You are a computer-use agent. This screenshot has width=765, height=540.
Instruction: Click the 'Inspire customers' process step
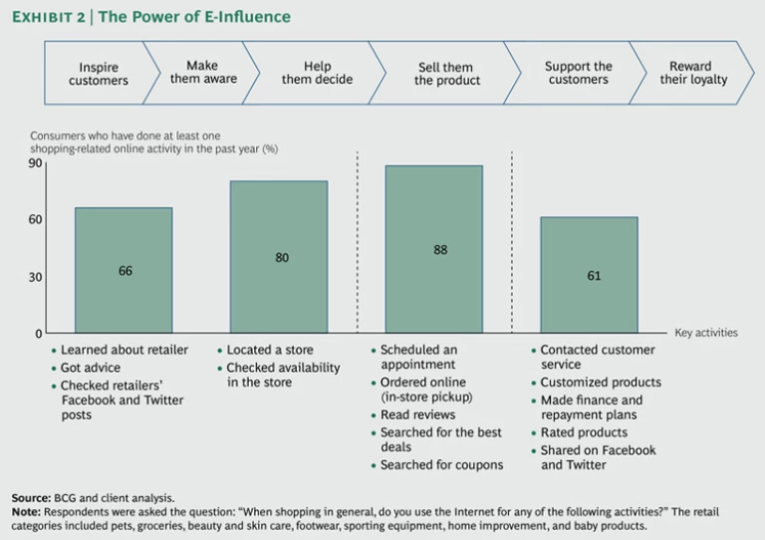point(99,74)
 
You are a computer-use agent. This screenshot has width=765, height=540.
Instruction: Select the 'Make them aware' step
point(203,73)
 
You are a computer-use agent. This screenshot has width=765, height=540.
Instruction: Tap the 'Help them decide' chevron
point(317,73)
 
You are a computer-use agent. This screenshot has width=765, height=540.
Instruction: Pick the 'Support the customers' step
point(578,73)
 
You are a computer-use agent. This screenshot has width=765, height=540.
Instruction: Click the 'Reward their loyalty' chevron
point(693,73)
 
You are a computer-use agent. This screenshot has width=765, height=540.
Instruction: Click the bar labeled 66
point(125,270)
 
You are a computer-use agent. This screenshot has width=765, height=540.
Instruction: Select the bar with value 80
point(281,257)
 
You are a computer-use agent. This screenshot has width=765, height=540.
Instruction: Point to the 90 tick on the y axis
point(36,163)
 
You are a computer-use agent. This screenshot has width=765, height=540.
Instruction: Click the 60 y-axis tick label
point(36,219)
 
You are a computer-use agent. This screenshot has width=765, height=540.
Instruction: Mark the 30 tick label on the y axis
point(36,277)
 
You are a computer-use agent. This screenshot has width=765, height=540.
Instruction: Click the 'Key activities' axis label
point(706,333)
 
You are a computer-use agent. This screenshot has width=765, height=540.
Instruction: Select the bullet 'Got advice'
point(93,368)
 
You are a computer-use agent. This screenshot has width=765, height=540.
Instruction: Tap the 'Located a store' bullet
point(270,350)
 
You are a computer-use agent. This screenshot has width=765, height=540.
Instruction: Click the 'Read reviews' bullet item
point(418,414)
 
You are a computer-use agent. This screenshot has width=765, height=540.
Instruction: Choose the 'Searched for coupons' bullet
point(441,465)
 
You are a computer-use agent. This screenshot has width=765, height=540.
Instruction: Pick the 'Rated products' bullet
point(584,432)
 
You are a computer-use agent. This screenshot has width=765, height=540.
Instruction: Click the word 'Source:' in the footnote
point(31,497)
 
